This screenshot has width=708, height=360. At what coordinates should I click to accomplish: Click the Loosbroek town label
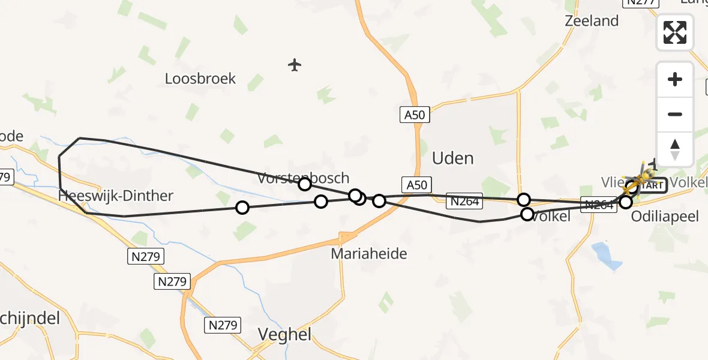click(x=200, y=79)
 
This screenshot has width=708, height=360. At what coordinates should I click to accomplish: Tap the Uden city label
click(x=453, y=158)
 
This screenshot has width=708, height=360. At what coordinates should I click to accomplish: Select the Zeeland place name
click(x=592, y=21)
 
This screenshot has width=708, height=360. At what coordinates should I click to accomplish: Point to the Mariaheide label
click(x=369, y=254)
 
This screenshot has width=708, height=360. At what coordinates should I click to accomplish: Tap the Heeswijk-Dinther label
click(x=116, y=196)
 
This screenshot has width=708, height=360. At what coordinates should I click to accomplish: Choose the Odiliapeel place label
click(x=665, y=217)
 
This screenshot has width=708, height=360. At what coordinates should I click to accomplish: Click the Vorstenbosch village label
click(x=303, y=178)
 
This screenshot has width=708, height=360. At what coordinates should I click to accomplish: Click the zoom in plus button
click(x=675, y=79)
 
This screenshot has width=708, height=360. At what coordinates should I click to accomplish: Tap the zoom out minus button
click(x=675, y=115)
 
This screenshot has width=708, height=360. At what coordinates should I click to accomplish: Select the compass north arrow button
click(x=675, y=149)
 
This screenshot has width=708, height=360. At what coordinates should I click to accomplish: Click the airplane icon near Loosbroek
click(x=294, y=65)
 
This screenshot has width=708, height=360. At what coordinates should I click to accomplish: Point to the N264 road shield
click(x=464, y=202)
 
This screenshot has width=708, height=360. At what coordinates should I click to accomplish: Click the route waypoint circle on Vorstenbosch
click(x=305, y=184)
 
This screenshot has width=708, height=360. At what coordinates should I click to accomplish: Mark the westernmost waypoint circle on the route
click(x=242, y=208)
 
